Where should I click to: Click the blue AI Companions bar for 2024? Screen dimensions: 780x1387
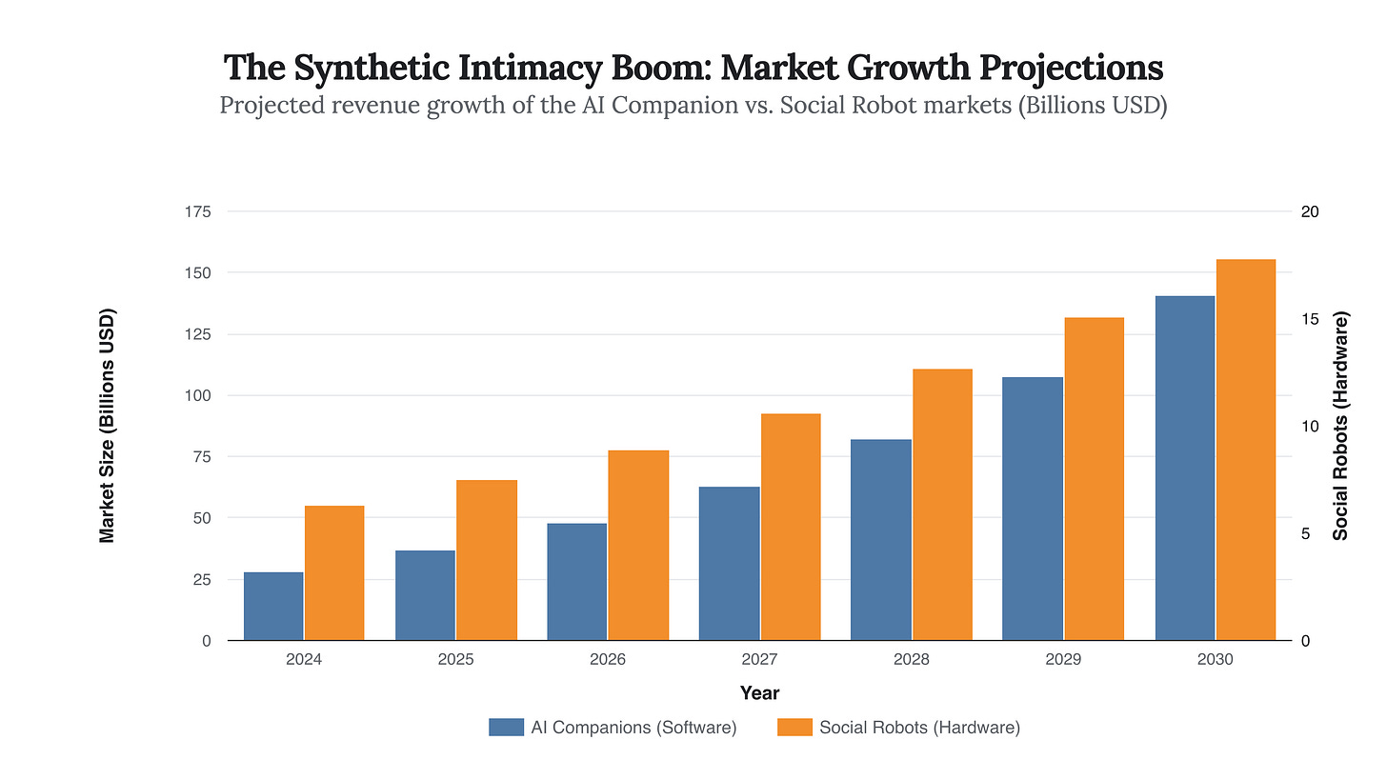click(273, 606)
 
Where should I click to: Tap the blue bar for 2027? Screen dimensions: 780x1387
click(729, 563)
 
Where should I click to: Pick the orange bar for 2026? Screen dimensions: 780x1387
click(638, 545)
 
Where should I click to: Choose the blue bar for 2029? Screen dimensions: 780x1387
click(1032, 509)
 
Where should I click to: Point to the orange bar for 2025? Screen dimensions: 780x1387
click(486, 560)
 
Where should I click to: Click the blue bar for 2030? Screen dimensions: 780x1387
click(1184, 468)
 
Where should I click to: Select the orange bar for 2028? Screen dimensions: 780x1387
click(942, 504)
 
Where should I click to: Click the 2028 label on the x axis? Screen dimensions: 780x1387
click(912, 659)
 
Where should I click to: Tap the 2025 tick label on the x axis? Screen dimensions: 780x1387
click(456, 659)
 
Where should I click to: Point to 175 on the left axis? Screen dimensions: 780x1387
click(197, 211)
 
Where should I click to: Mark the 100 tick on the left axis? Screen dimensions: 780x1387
click(197, 395)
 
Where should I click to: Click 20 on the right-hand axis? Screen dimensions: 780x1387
click(1309, 211)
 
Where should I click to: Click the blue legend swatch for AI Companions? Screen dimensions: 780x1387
click(507, 728)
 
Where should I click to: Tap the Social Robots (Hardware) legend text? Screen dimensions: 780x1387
click(919, 728)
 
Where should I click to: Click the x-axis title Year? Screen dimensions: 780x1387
click(759, 693)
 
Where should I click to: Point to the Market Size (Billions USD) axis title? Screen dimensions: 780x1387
click(108, 426)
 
